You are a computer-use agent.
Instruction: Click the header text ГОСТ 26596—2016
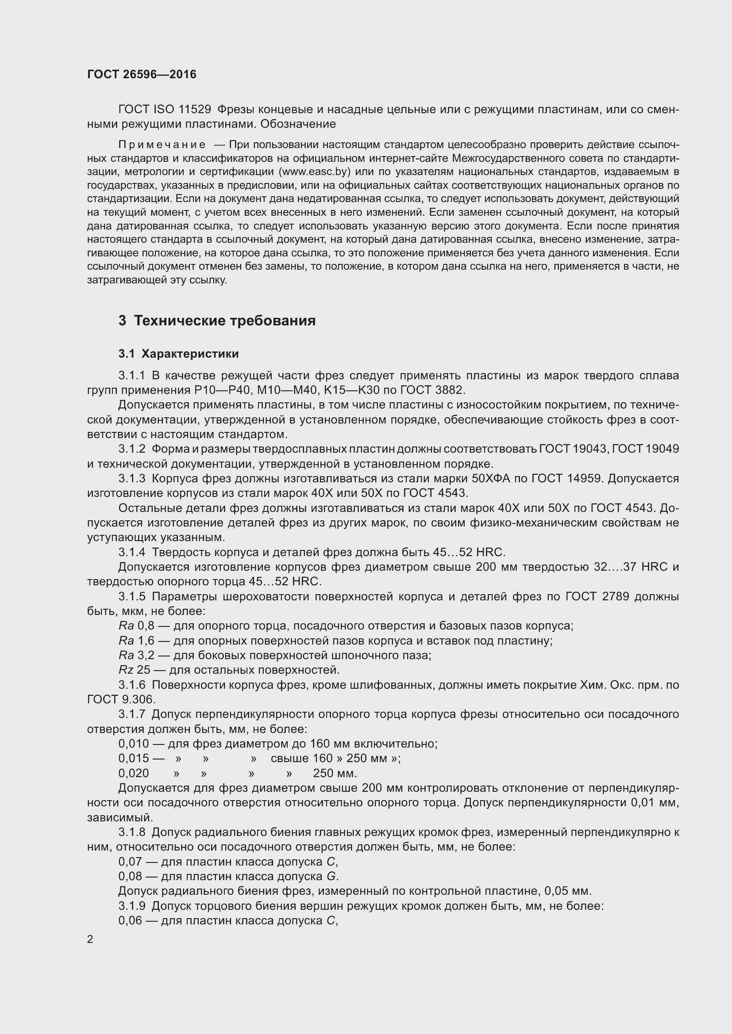point(142,74)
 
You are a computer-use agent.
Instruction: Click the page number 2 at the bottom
point(90,939)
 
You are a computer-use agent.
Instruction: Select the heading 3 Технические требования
point(217,321)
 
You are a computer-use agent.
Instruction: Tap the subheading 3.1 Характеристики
point(178,354)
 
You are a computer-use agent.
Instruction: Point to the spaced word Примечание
point(162,145)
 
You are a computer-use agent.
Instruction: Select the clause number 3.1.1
point(131,376)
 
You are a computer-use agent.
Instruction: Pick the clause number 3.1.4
point(131,552)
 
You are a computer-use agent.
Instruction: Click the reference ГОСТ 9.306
point(121,699)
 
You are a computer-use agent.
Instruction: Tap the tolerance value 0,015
point(133,759)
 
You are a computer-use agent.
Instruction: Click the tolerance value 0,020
point(133,773)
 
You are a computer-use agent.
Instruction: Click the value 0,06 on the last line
point(130,920)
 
